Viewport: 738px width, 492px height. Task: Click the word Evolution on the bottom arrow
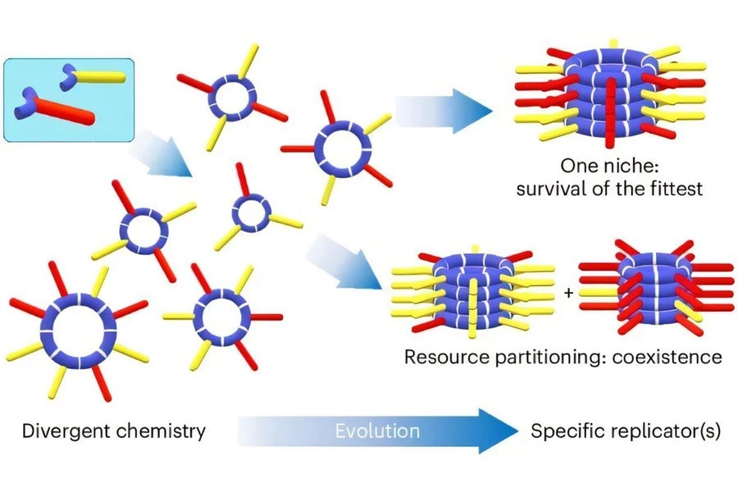pos(377,430)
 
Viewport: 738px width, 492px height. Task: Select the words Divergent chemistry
pos(113,430)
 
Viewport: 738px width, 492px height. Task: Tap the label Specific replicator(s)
pos(626,430)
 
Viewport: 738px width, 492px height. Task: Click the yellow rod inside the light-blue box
pos(98,76)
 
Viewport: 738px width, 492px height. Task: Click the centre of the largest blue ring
pos(80,330)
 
